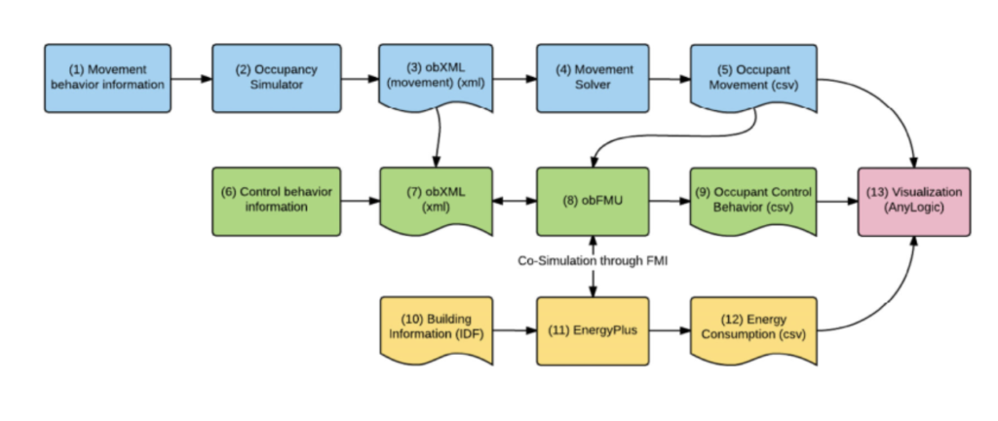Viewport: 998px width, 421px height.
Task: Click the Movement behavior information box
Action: (107, 78)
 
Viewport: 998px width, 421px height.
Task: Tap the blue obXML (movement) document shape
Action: (435, 76)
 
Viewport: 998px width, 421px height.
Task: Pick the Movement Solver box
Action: (593, 78)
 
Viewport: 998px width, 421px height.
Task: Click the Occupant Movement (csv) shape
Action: (753, 76)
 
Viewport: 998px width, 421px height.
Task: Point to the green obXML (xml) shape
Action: (435, 200)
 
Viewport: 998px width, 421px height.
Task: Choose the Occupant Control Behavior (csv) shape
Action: (753, 200)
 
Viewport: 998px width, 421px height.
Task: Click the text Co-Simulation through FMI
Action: (593, 260)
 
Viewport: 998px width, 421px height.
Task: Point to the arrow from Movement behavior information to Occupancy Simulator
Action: (192, 78)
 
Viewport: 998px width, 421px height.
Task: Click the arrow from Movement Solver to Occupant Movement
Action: (670, 78)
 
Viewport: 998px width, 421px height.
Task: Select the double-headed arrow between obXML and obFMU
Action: (516, 202)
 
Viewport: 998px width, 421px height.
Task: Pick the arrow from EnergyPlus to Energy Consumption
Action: (670, 331)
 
